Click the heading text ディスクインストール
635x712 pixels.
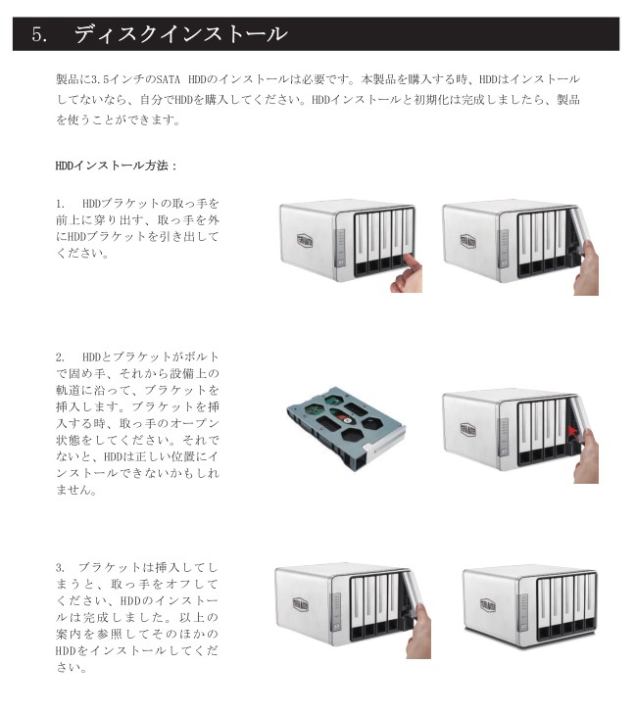180,34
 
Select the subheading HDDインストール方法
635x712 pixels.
112,166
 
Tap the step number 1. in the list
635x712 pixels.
61,204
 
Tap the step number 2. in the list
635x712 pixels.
61,356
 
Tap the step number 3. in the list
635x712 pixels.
61,567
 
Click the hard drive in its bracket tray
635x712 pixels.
346,428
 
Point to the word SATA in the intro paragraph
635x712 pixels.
169,79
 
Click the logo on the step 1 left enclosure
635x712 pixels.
305,240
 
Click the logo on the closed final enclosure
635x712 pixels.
488,605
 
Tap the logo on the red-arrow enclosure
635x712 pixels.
467,429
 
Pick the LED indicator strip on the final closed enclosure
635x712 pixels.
523,612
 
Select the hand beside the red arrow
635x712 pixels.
586,455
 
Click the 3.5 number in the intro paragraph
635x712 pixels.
100,80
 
